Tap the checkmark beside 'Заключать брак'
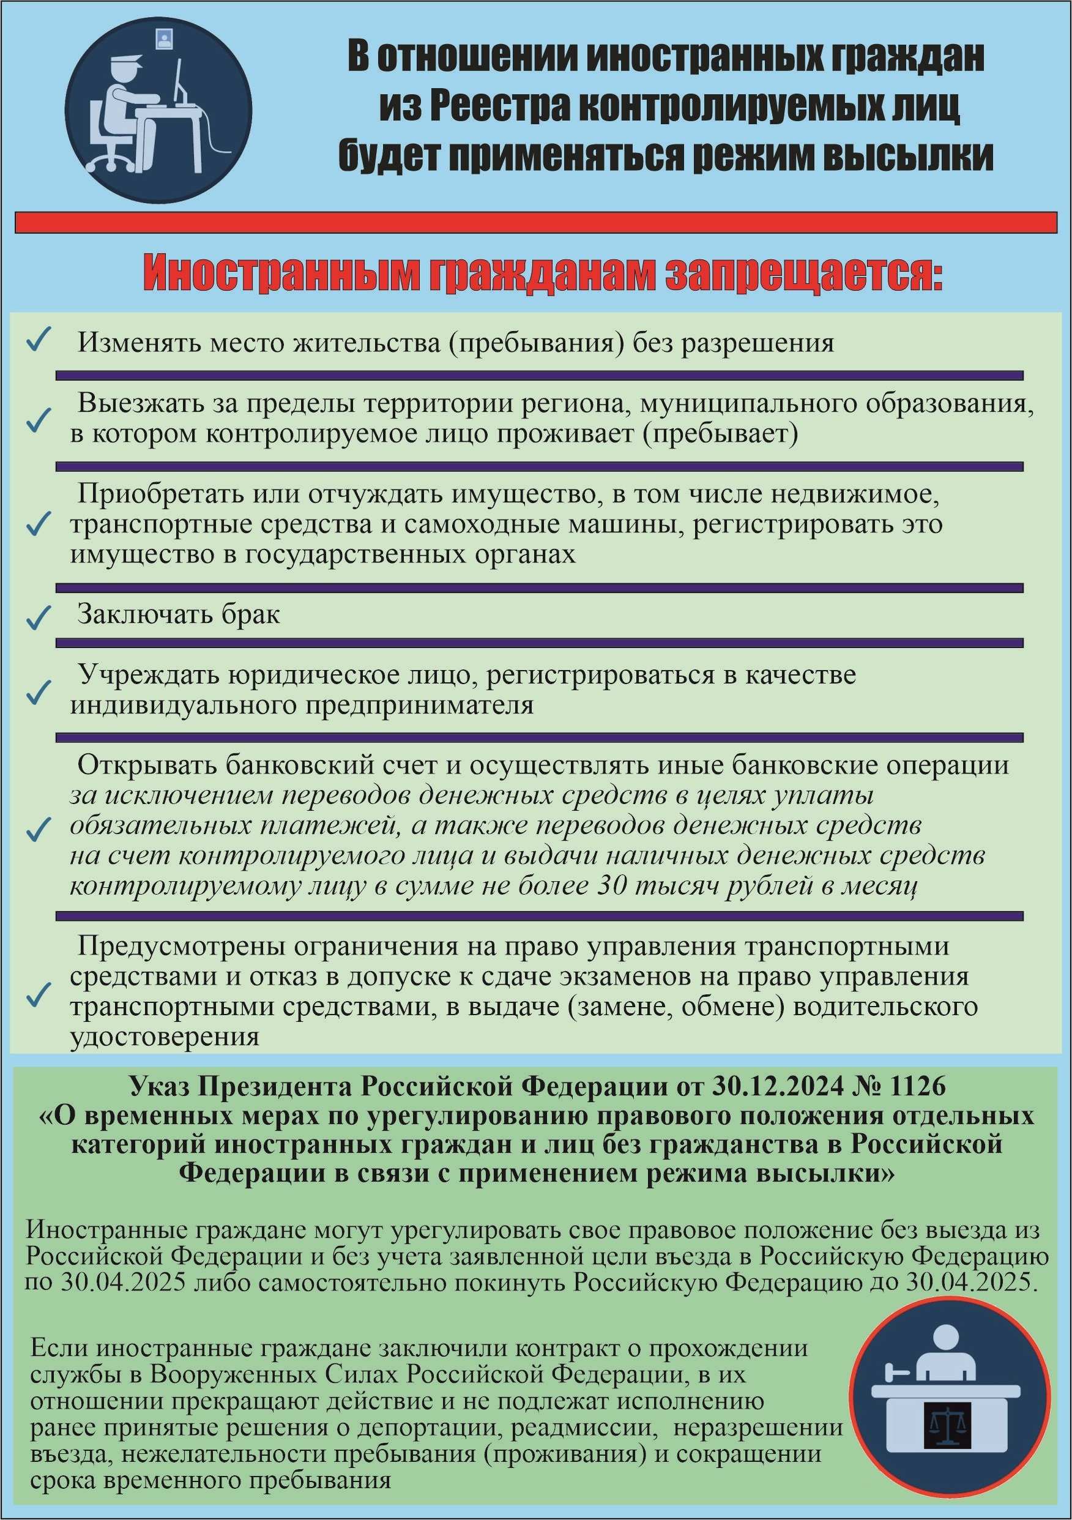[39, 617]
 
